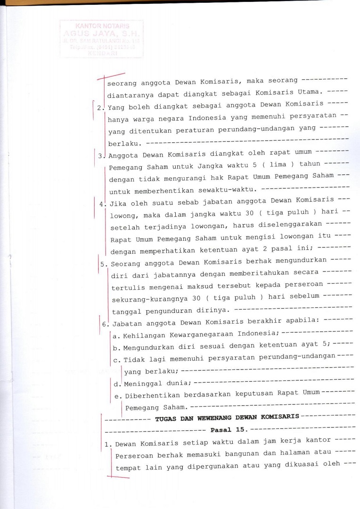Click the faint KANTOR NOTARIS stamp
pyautogui.click(x=102, y=39)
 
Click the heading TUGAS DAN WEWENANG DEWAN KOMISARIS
pyautogui.click(x=227, y=417)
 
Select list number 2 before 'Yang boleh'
pyautogui.click(x=100, y=107)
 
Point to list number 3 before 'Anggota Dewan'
pyautogui.click(x=100, y=156)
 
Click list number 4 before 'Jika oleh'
pyautogui.click(x=102, y=204)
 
